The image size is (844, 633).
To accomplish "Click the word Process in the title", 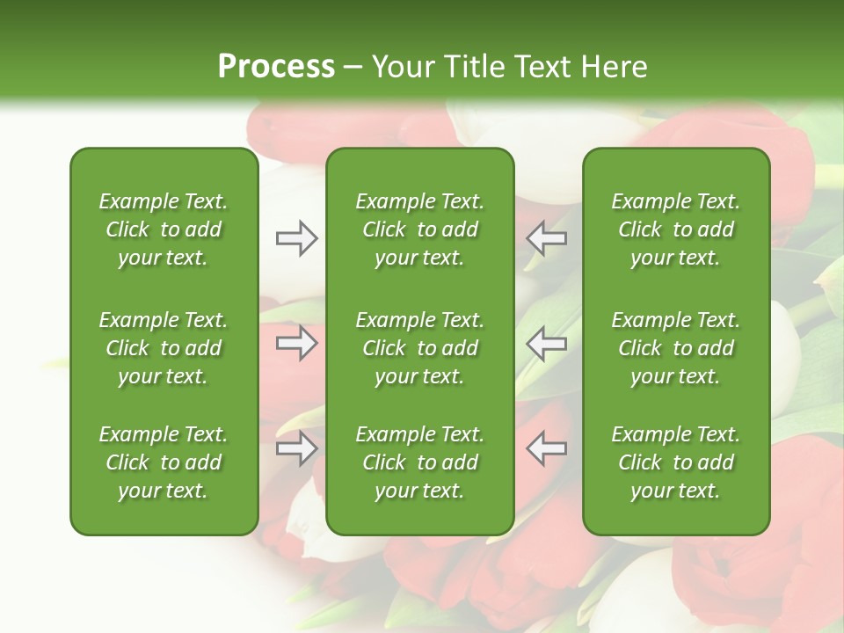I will tap(276, 66).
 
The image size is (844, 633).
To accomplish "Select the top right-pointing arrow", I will tap(296, 238).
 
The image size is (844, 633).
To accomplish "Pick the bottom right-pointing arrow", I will tap(296, 448).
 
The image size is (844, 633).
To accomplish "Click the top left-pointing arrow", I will tap(547, 238).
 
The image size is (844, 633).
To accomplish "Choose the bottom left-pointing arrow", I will tap(547, 448).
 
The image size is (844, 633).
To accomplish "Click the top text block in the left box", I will tap(164, 229).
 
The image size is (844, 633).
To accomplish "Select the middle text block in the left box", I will tap(164, 348).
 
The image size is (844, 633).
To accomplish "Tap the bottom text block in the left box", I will tap(164, 462).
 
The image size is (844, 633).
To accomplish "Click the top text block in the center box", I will tap(419, 229).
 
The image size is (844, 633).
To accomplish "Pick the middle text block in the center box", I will tap(419, 348).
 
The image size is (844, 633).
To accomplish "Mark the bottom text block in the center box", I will tap(419, 462).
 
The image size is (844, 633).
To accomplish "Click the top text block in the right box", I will tap(676, 229).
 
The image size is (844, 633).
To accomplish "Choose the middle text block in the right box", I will tap(676, 348).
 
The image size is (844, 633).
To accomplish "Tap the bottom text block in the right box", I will tap(676, 462).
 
